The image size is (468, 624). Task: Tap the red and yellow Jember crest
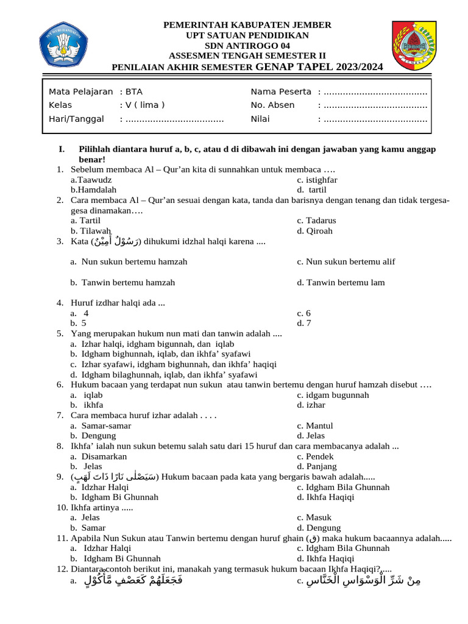[414, 46]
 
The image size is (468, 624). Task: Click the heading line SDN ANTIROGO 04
[247, 46]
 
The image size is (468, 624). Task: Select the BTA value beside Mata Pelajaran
[133, 91]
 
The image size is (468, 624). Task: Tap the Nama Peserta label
[281, 91]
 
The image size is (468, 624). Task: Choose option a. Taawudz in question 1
[91, 180]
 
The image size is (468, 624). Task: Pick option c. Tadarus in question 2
[316, 221]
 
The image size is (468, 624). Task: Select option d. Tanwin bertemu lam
[341, 283]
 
